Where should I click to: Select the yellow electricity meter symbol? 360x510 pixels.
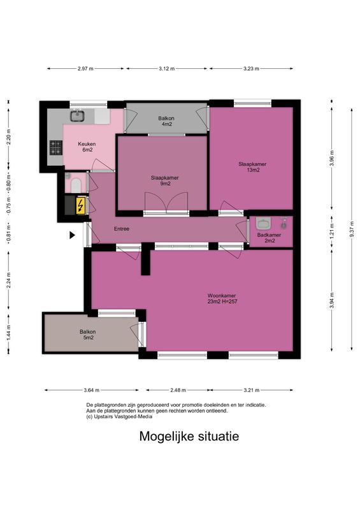tap(80, 205)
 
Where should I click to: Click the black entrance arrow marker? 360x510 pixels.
tap(73, 235)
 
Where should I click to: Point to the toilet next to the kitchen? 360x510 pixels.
tap(74, 184)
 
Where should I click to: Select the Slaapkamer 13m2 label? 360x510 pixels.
tap(252, 166)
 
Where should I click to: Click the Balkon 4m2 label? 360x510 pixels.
tap(166, 121)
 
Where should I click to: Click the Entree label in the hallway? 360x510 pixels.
tap(122, 229)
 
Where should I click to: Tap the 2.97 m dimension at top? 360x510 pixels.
tap(85, 68)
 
